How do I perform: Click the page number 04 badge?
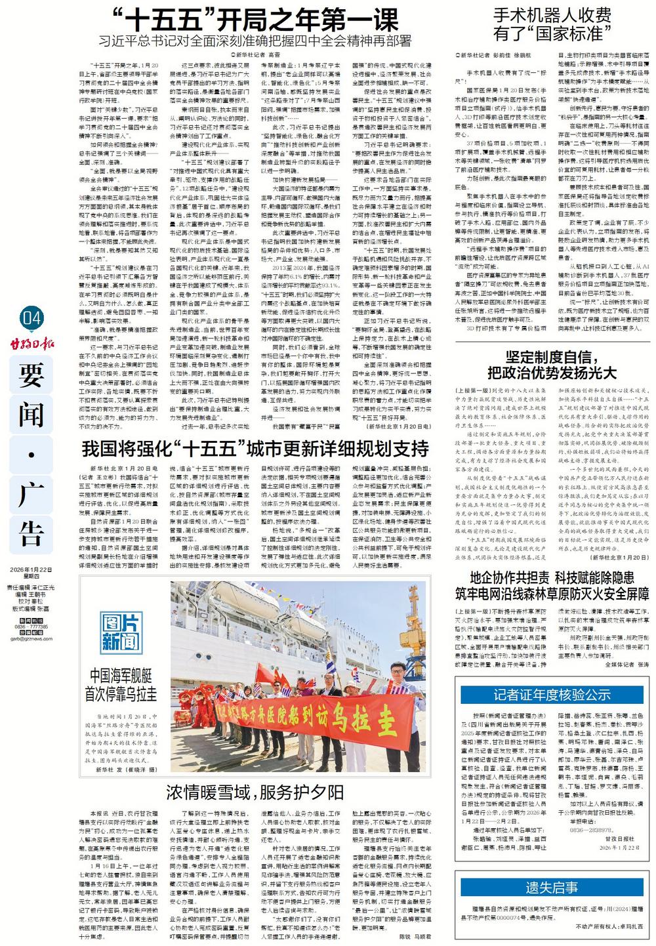[x=31, y=319]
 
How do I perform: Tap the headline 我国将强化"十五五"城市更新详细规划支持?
[x=255, y=449]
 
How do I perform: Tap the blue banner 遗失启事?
[x=552, y=888]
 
